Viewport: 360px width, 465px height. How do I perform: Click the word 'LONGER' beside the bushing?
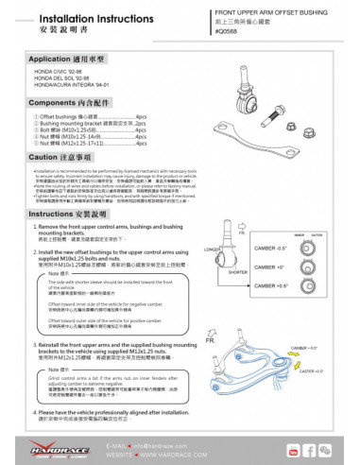[x=212, y=250]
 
